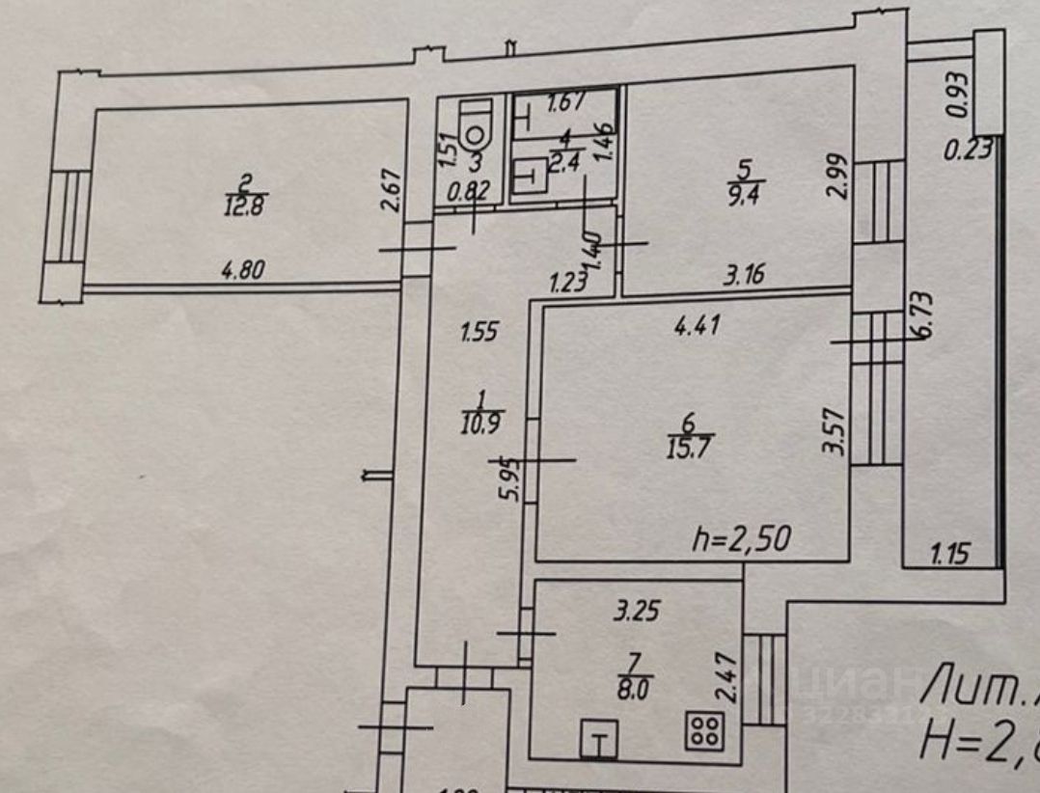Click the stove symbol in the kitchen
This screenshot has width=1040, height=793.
[x=704, y=729]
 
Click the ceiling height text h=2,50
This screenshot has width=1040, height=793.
[x=742, y=539]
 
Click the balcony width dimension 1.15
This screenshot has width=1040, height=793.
[x=949, y=555]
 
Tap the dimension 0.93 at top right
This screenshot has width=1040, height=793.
[x=957, y=95]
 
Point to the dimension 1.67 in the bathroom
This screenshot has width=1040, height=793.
[x=566, y=103]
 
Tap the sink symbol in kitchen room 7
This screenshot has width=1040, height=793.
[x=598, y=740]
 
